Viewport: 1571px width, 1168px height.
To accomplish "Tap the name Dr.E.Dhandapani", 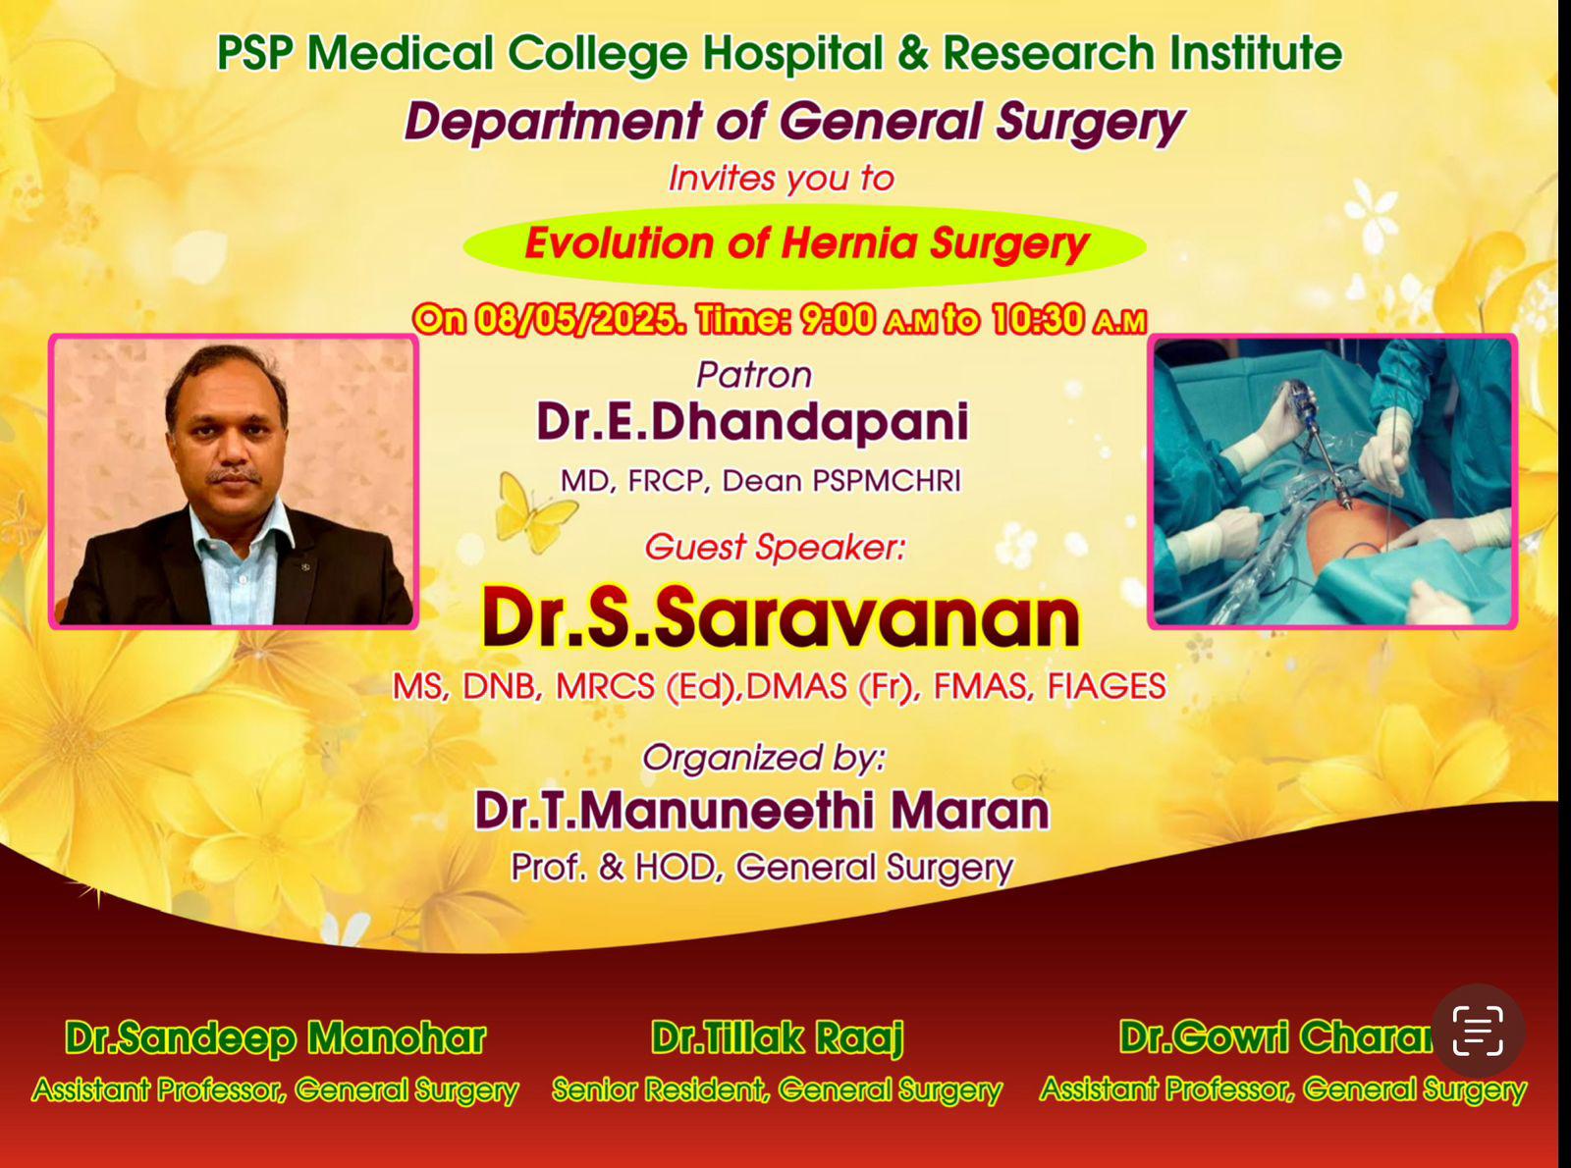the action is pos(752,423).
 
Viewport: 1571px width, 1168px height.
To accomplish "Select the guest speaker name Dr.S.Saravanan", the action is pos(781,617).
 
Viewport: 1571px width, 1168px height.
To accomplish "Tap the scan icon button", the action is pos(1478,1031).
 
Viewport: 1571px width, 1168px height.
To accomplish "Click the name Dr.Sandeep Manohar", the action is pos(275,1037).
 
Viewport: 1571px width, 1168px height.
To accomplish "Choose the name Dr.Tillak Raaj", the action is pos(777,1038).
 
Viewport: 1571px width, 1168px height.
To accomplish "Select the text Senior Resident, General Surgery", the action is pos(777,1090).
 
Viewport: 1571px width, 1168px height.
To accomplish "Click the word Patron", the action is pos(754,375).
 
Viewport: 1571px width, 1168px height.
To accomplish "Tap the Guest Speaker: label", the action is pos(775,548).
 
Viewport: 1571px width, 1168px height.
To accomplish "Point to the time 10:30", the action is pos(1038,319).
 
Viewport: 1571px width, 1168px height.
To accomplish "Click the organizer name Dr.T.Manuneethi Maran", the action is pos(762,811).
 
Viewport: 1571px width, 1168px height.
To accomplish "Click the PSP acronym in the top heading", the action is pos(255,53).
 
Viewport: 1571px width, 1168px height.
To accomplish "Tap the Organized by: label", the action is pos(764,758).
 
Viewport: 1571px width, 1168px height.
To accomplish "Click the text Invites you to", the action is pos(782,178).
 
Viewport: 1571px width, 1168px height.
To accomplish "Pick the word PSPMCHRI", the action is pos(887,481).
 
